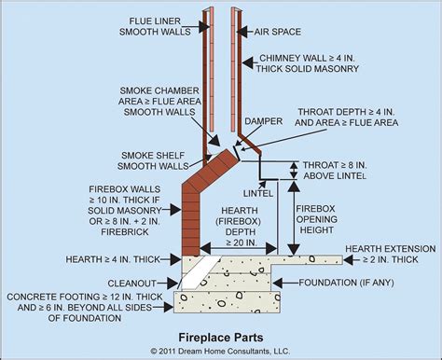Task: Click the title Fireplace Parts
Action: (x=221, y=338)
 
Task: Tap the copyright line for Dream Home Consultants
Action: (x=220, y=352)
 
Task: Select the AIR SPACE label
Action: (x=278, y=32)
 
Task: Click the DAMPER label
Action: (x=264, y=121)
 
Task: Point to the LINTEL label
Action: (x=258, y=193)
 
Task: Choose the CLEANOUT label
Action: (x=132, y=284)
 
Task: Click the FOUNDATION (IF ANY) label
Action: (x=346, y=283)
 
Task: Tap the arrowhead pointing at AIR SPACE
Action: (x=242, y=32)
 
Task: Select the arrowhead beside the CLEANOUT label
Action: (x=172, y=284)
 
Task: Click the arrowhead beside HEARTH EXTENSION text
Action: (x=349, y=259)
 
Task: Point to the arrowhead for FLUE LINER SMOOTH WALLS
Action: (x=204, y=27)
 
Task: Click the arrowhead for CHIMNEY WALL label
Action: (x=248, y=63)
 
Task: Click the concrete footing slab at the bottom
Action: (x=228, y=302)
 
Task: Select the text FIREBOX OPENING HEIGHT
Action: (x=316, y=219)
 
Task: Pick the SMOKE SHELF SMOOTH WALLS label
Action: (x=153, y=160)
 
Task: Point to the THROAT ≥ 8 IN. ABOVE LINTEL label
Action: (x=335, y=171)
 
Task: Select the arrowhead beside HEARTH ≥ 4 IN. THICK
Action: (x=175, y=259)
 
